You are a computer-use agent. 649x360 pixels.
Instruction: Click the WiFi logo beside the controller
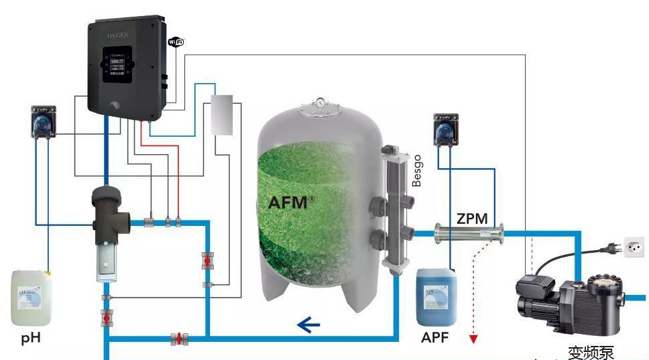click(176, 42)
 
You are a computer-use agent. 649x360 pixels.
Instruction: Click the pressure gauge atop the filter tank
click(322, 103)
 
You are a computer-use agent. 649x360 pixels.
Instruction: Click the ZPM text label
click(472, 219)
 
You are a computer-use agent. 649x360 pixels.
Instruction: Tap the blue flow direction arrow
click(308, 326)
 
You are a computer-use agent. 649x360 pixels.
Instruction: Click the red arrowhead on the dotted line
click(473, 338)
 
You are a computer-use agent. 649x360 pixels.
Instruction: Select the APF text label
click(434, 337)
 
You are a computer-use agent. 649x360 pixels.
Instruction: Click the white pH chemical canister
click(31, 298)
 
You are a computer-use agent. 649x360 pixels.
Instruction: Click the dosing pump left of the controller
click(46, 120)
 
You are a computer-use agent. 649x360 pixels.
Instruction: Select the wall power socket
click(634, 247)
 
